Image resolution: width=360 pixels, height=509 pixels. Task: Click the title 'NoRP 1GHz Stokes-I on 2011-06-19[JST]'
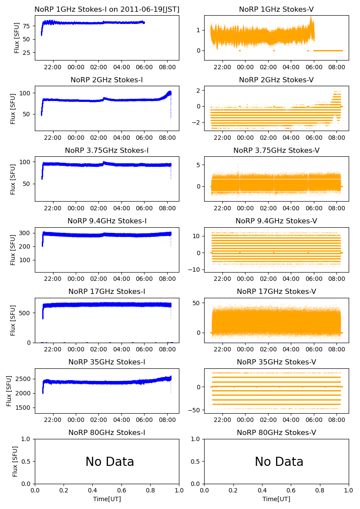pyautogui.click(x=107, y=9)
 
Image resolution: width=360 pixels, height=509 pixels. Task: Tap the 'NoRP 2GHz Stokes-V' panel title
pyautogui.click(x=276, y=80)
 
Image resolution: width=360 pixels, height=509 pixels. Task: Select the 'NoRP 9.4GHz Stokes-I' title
pyautogui.click(x=107, y=221)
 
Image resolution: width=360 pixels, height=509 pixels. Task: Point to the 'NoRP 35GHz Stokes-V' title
pyautogui.click(x=276, y=362)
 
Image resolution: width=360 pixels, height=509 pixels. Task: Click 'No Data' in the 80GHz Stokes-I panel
pyautogui.click(x=110, y=462)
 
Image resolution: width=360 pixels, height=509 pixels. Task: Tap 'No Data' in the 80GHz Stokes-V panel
pyautogui.click(x=279, y=462)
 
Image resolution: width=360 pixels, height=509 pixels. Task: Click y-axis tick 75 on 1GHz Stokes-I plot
pyautogui.click(x=27, y=26)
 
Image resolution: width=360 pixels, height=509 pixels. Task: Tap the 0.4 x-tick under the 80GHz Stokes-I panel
pyautogui.click(x=93, y=491)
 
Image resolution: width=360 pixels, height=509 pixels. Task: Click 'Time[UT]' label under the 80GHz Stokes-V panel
pyautogui.click(x=276, y=499)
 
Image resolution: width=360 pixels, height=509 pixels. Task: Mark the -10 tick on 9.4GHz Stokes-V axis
pyautogui.click(x=197, y=270)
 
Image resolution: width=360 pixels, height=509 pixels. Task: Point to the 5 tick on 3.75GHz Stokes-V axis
pyautogui.click(x=201, y=165)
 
